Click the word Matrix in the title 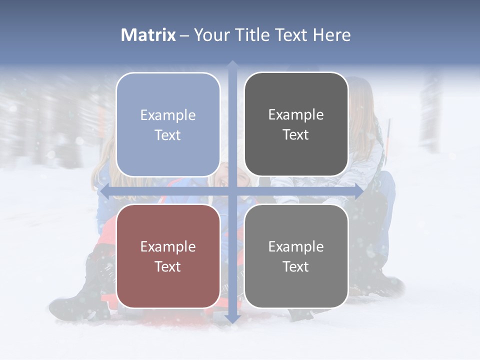click(148, 35)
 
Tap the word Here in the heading click(331, 35)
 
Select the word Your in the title click(212, 35)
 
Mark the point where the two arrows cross click(232, 191)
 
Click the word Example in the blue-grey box click(168, 115)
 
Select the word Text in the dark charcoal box click(296, 134)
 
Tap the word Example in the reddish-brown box click(168, 247)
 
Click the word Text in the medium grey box click(296, 266)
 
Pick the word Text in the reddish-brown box click(168, 266)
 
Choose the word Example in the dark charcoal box click(296, 115)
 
